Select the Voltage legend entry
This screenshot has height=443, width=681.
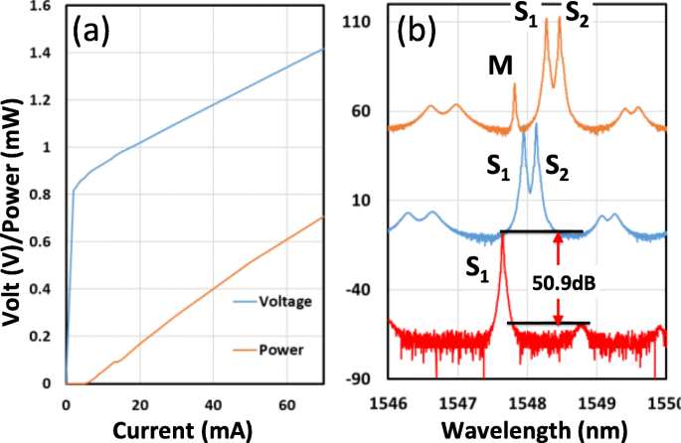click(x=295, y=300)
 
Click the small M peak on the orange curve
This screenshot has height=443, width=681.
click(x=514, y=86)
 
